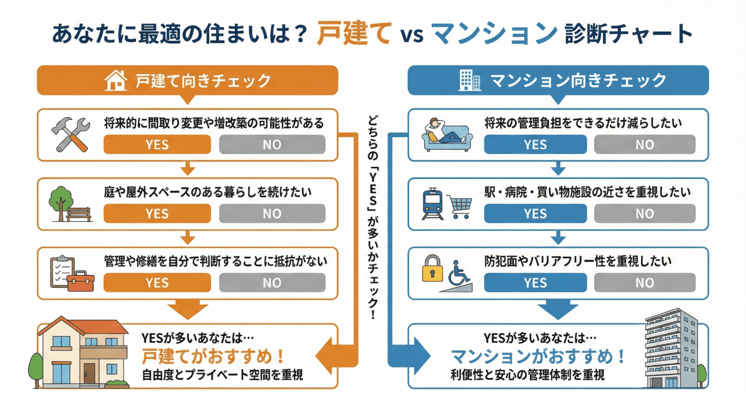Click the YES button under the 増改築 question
pos(157,144)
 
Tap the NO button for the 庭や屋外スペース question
pos(272,213)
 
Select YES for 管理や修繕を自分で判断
pos(157,282)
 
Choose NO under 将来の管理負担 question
pos(644,144)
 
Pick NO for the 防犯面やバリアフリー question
pos(644,282)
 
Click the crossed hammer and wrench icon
pos(71,135)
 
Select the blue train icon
pos(433,204)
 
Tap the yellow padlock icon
pos(432,268)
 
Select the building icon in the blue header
pos(469,80)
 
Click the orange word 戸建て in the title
pos(354,33)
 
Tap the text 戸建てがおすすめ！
pos(213,356)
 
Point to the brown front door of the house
pos(90,373)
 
